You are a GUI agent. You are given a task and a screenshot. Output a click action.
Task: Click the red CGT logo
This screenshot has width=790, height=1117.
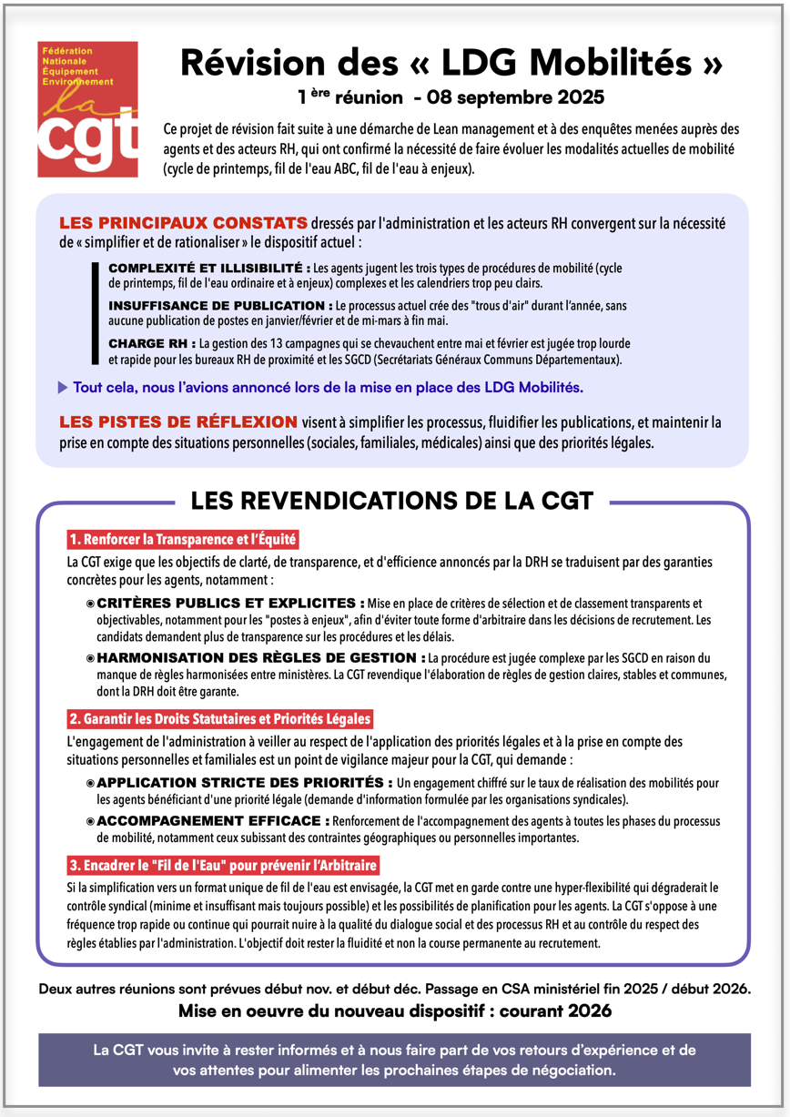(x=87, y=109)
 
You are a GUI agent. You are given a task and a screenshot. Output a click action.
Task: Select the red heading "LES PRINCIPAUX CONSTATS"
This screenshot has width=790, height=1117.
(x=182, y=224)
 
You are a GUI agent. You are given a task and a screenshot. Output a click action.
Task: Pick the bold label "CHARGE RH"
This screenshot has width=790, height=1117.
(x=150, y=343)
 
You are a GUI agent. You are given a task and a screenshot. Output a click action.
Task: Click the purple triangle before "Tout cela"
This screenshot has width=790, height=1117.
(x=63, y=388)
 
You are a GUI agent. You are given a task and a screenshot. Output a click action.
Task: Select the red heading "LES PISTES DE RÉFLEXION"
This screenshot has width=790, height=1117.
(x=178, y=422)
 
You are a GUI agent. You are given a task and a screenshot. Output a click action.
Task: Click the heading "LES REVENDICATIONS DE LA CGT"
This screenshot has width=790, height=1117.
(x=391, y=501)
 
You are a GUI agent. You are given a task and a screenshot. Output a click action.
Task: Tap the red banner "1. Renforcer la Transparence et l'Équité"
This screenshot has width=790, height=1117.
(x=183, y=540)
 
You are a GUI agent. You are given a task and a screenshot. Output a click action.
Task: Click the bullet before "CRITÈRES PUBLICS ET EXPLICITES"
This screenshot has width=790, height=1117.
(x=90, y=604)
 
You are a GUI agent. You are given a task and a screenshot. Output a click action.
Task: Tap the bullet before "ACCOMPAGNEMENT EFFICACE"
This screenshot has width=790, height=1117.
(x=90, y=820)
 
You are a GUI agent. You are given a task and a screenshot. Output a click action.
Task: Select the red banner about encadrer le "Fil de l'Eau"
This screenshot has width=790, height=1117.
(x=223, y=864)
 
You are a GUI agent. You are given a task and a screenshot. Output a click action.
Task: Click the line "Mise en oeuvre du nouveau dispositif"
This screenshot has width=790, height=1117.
(x=394, y=1011)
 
